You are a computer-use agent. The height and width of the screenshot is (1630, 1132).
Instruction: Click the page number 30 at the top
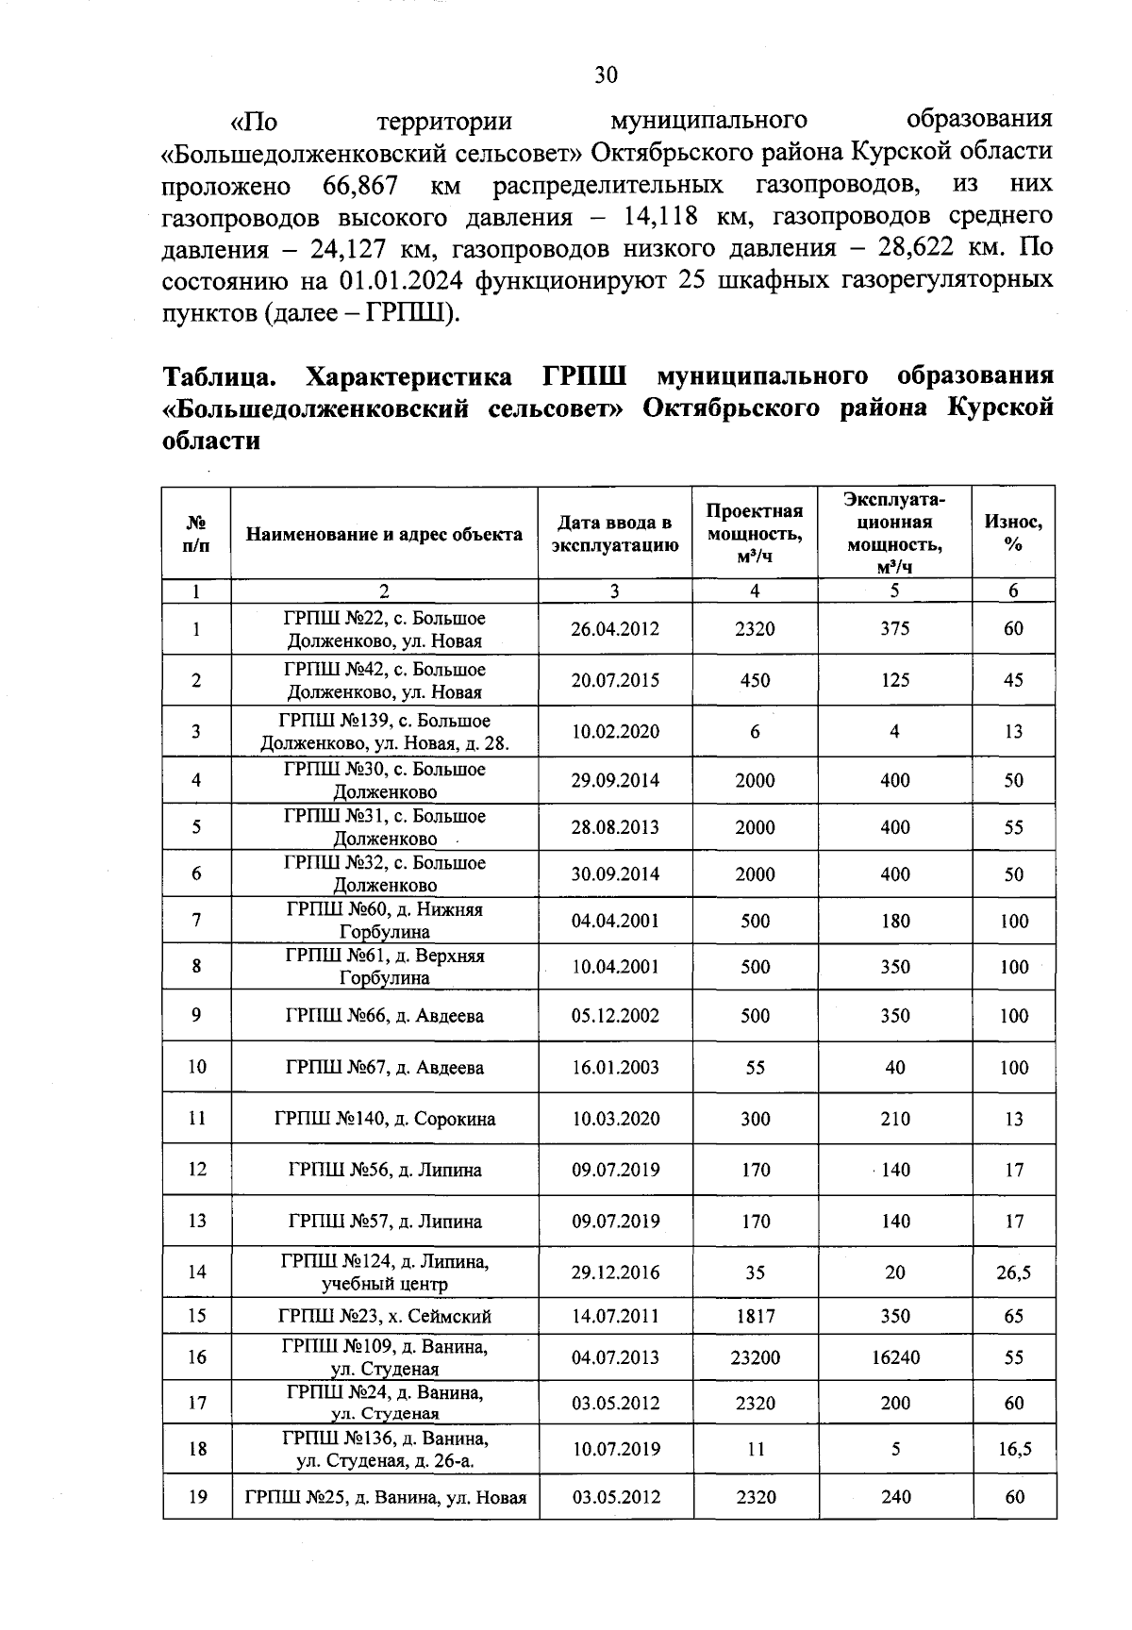tap(605, 75)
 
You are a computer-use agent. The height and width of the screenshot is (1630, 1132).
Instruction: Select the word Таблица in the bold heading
tap(220, 376)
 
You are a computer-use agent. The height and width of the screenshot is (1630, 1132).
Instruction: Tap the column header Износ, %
tap(1013, 533)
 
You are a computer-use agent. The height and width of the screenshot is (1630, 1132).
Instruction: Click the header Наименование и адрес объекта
tap(384, 534)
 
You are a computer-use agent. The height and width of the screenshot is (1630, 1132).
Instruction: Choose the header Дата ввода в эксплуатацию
tap(615, 534)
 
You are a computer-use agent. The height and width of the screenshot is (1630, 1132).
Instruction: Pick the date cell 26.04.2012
tap(615, 629)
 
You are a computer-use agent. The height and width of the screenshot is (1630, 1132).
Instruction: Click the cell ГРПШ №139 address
tap(384, 731)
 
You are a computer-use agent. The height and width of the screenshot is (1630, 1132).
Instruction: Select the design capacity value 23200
tap(755, 1357)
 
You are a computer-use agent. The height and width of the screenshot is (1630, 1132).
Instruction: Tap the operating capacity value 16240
tap(894, 1357)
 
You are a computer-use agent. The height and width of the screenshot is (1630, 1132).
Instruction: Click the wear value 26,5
tap(1013, 1272)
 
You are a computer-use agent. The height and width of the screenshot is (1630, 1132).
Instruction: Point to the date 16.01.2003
tap(615, 1068)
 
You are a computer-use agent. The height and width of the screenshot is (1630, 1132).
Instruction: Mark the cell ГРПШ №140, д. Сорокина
tap(384, 1119)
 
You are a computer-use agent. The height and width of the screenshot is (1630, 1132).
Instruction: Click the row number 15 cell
tap(196, 1316)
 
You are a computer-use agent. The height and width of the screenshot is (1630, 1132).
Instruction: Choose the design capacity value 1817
tap(755, 1316)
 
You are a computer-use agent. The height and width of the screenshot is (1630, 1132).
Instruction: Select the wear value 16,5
tap(1014, 1449)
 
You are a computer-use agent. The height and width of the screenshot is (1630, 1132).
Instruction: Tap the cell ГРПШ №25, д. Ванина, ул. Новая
tap(385, 1497)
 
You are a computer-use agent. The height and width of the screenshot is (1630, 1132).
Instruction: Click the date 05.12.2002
tap(615, 1016)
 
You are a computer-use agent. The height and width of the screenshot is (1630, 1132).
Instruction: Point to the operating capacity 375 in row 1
tap(894, 629)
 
